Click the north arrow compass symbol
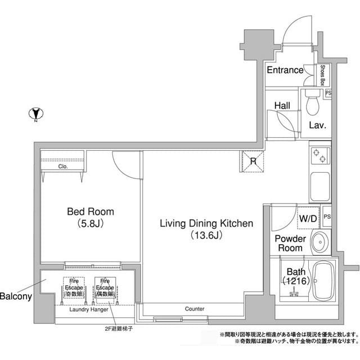(35, 114)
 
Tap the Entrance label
(285, 70)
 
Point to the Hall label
(282, 105)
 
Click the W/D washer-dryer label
(308, 218)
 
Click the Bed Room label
(90, 212)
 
